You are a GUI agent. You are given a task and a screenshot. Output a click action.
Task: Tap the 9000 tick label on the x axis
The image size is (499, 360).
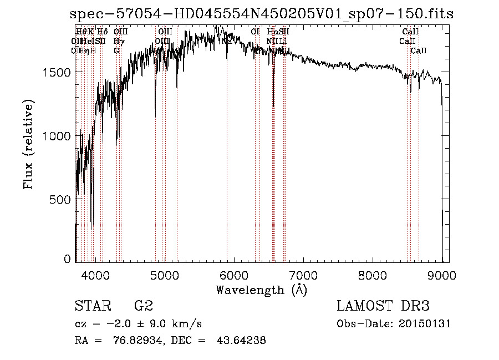coord(441,274)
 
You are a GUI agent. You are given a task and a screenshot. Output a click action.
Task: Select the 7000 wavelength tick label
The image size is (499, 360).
coord(303,274)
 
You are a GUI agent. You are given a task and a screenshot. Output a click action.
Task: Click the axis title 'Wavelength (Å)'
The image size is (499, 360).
coord(261,289)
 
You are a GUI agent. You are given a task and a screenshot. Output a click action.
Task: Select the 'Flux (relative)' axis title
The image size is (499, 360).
coord(28,144)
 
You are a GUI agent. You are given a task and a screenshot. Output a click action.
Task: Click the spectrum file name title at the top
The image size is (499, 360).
coord(262,14)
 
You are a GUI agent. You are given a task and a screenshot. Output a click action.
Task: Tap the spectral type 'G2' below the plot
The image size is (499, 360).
coord(144,306)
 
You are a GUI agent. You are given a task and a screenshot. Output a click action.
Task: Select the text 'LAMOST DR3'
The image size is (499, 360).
coord(383,306)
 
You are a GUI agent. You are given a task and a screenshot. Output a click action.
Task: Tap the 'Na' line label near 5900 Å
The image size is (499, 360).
coord(227,41)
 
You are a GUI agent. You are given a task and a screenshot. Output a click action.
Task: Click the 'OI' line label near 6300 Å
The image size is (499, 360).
coord(255,32)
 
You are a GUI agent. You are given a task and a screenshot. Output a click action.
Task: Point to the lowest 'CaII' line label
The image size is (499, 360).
coord(419,50)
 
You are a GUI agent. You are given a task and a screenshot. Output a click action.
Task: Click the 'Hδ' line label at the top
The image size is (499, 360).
coord(103,32)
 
